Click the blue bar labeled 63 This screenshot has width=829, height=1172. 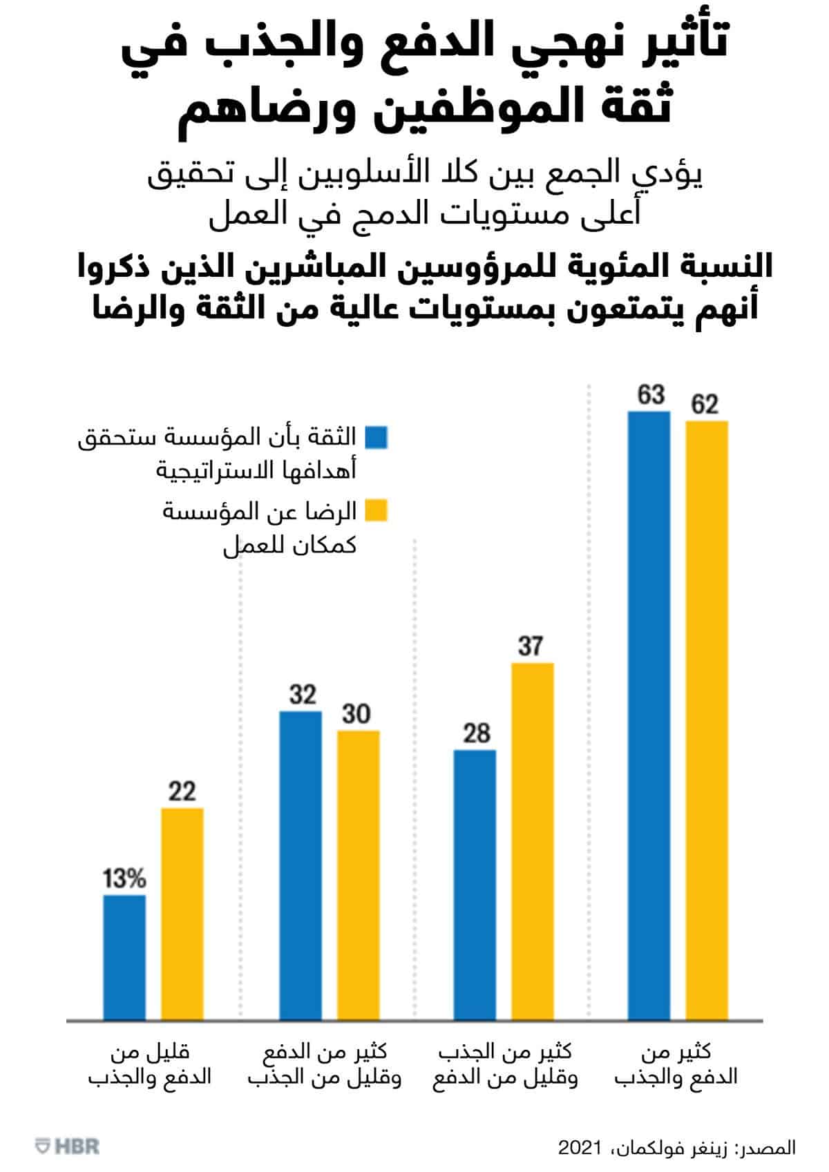click(x=649, y=715)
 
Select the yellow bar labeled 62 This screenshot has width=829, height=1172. click(x=706, y=720)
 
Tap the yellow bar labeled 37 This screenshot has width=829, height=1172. click(x=532, y=840)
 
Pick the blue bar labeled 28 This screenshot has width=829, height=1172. click(x=475, y=884)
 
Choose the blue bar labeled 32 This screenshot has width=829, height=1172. click(x=301, y=865)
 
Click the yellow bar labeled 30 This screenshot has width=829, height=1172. click(x=358, y=874)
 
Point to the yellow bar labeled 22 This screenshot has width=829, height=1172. click(x=182, y=913)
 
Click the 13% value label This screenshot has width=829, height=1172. click(x=124, y=879)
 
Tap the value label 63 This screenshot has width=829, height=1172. click(x=650, y=395)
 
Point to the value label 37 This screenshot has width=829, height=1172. click(x=531, y=646)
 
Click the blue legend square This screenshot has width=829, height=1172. click(x=377, y=437)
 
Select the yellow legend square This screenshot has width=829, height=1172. click(x=377, y=511)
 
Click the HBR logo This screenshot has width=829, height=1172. click(x=68, y=1147)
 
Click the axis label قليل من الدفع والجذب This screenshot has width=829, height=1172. click(x=150, y=1064)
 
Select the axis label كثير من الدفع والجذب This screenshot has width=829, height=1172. click(x=676, y=1064)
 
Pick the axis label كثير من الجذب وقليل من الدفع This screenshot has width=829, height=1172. click(x=506, y=1064)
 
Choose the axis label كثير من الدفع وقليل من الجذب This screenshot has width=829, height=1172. click(x=325, y=1064)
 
